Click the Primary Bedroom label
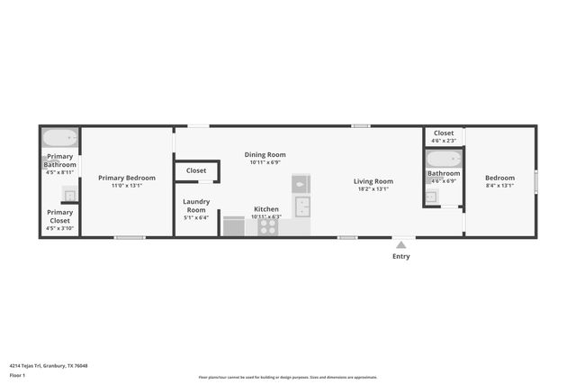pos(126,178)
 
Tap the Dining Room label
pos(265,154)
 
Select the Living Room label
pos(373,181)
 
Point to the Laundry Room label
pos(195,206)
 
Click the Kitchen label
pos(265,209)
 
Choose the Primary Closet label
pos(60,216)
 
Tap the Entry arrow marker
pos(400,243)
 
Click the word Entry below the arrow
pos(400,257)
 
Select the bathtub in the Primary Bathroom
pos(60,139)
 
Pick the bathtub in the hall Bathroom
pos(443,160)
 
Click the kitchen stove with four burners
pos(268,225)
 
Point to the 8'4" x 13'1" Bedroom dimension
pos(499,186)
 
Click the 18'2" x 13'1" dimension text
pos(373,189)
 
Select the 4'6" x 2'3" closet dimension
pos(443,141)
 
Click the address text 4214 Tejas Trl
pos(50,365)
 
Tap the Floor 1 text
pos(19,374)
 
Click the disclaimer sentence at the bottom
pos(288,377)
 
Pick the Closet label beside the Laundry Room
pos(196,170)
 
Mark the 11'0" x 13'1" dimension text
pos(126,186)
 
